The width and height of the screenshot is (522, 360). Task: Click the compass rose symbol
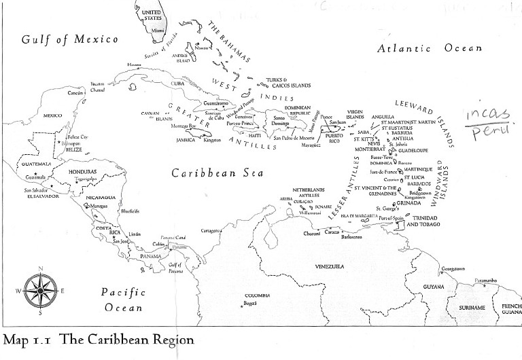(40, 291)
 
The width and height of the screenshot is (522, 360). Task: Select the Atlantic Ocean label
(430, 48)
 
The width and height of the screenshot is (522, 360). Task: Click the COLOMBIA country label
(258, 295)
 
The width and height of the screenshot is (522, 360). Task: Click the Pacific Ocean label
(122, 300)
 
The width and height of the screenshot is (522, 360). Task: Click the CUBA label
(177, 84)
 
